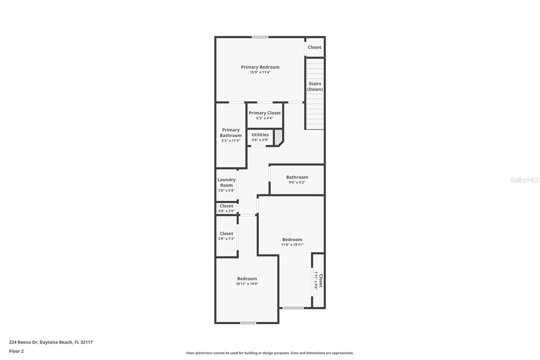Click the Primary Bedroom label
[260, 67]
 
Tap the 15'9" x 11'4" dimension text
[260, 72]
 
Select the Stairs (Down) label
[315, 86]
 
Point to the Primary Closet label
[265, 113]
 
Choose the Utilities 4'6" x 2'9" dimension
[260, 140]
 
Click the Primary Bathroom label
[231, 133]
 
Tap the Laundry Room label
[226, 182]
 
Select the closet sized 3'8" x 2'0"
[226, 208]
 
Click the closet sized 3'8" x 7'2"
[226, 236]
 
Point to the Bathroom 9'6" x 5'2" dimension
[297, 182]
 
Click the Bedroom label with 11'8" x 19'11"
[292, 239]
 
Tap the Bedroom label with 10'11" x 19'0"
[247, 279]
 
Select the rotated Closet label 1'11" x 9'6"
[319, 281]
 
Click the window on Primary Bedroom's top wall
[260, 37]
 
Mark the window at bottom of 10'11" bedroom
[248, 323]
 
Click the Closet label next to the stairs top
[315, 47]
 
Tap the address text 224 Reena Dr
[51, 342]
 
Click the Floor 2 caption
[16, 351]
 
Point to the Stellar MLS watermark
[524, 180]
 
